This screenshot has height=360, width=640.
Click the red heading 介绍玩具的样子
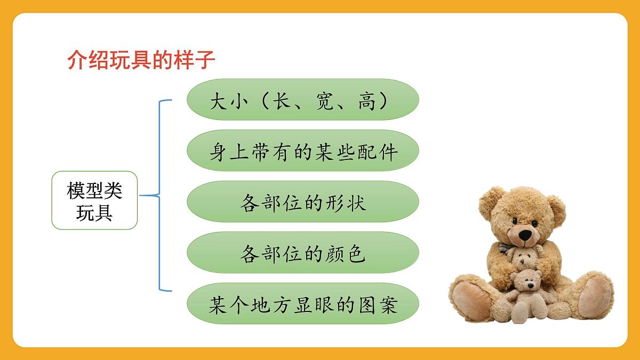click(x=141, y=61)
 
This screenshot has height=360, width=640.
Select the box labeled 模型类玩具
click(x=94, y=201)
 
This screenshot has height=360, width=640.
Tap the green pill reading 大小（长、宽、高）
click(x=302, y=100)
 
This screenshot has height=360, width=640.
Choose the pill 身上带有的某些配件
click(x=302, y=151)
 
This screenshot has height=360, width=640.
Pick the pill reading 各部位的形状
click(x=302, y=202)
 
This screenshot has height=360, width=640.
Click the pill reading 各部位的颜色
click(x=302, y=253)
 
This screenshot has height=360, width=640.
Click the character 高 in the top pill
click(x=367, y=100)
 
